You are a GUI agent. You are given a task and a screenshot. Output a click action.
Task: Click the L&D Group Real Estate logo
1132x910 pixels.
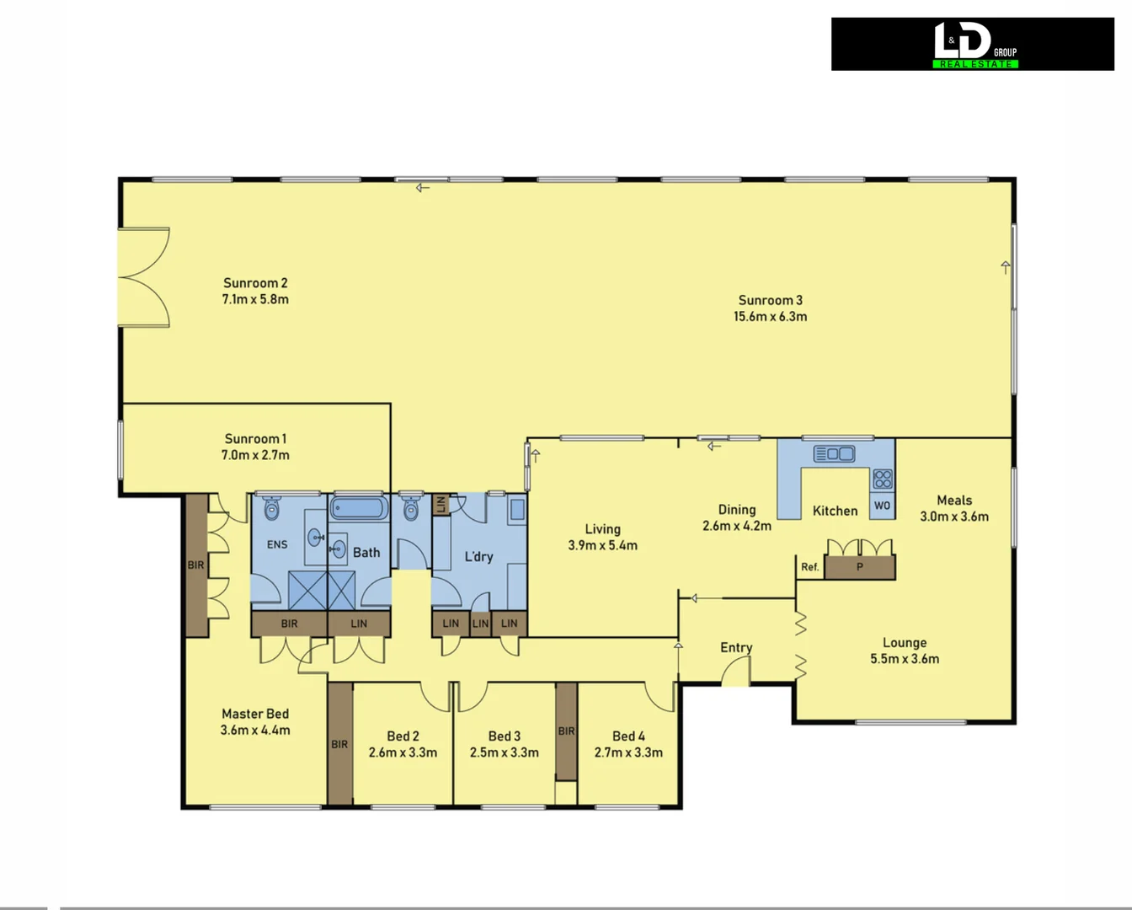973,44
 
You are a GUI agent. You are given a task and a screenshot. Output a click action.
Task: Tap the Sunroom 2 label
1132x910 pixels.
255,283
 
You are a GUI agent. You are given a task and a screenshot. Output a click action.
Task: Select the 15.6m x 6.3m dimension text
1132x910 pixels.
770,317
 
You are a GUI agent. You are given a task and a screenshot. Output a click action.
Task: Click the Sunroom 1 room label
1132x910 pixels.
255,439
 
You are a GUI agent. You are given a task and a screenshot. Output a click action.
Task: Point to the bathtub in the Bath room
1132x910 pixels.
359,508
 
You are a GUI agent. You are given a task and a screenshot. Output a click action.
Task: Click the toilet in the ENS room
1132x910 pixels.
272,509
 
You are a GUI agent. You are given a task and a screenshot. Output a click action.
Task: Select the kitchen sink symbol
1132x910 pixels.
834,454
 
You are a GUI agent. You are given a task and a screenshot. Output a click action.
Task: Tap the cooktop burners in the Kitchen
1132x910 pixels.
883,479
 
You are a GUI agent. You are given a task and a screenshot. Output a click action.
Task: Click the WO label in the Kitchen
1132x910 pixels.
882,506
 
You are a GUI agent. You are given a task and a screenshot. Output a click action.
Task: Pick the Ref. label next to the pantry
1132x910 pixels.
809,567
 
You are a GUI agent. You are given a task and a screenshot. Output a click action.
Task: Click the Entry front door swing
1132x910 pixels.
737,672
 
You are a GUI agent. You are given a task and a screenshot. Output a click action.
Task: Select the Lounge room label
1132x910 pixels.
905,643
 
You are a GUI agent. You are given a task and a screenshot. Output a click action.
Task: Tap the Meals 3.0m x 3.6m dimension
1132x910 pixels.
954,517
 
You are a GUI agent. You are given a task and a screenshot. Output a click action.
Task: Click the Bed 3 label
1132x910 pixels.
504,736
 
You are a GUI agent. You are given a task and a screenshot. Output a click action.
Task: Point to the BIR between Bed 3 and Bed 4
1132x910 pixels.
566,731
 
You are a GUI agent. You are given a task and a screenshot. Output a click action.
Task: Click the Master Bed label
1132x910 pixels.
255,714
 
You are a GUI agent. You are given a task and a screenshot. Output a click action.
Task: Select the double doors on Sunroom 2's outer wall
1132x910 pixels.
145,277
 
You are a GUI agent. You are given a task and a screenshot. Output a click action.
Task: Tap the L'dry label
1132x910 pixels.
478,557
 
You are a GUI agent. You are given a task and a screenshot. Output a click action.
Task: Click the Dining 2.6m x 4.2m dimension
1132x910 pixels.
737,526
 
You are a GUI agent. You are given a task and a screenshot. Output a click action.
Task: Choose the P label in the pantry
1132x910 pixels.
859,567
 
